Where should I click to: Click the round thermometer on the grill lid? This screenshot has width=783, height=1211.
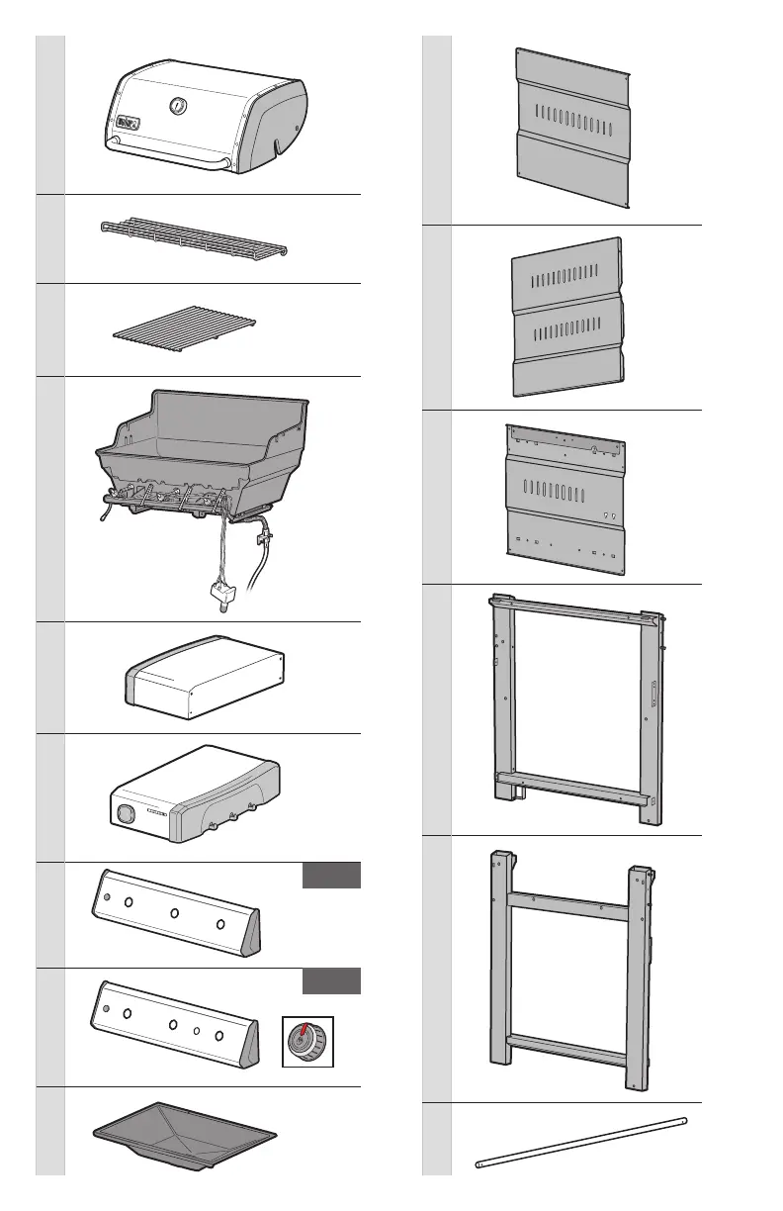(178, 106)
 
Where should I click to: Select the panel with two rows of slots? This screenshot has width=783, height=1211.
(567, 317)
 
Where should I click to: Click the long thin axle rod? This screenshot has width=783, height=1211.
(581, 1143)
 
